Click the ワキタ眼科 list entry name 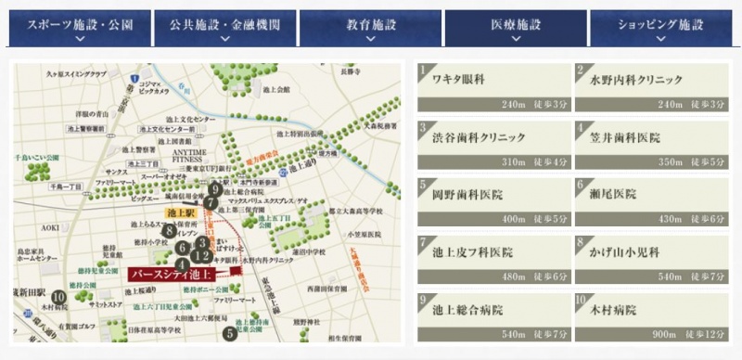click(459, 81)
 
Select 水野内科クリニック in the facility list click(636, 81)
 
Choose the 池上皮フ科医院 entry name click(472, 252)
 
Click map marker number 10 click(59, 298)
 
